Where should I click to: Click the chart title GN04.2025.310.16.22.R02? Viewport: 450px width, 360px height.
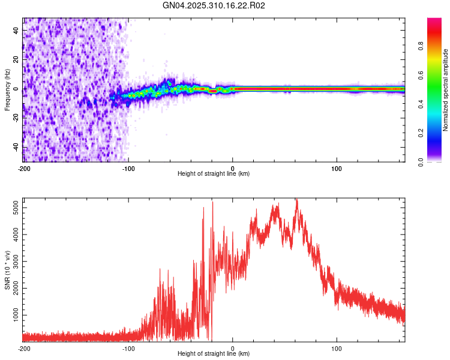tap(214, 6)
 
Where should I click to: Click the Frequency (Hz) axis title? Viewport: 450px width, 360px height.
tap(7, 91)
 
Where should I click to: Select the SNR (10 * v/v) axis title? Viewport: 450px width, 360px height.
tap(7, 270)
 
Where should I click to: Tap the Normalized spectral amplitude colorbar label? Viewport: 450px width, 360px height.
tap(446, 91)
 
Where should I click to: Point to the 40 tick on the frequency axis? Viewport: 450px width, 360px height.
tap(16, 29)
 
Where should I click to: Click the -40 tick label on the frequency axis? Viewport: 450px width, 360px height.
tap(15, 148)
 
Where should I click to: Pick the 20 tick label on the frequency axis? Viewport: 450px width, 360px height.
tap(16, 59)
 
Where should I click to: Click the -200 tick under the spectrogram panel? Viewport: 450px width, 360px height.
tap(24, 167)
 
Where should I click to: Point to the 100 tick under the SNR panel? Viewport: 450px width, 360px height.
tap(337, 347)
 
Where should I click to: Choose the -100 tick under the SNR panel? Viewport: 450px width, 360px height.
tap(128, 347)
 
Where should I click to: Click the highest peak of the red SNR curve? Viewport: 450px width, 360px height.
tap(296, 199)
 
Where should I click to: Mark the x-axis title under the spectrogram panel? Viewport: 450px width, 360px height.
tap(214, 173)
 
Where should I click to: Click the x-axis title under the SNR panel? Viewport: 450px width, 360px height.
tap(214, 353)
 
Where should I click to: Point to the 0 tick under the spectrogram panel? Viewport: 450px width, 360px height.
tap(233, 167)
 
